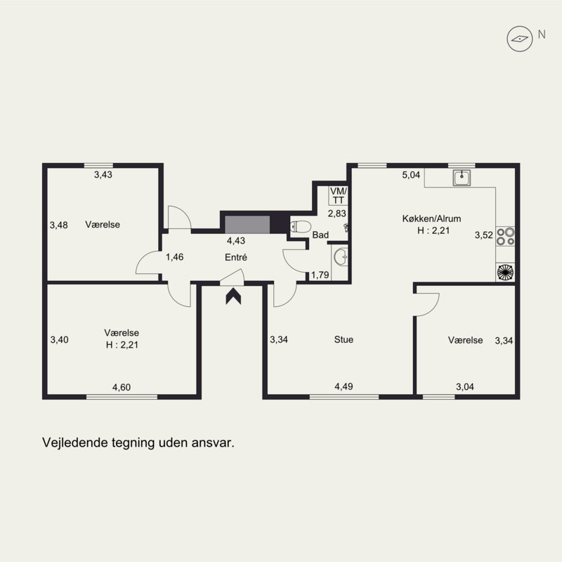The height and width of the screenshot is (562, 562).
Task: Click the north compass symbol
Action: click(519, 39)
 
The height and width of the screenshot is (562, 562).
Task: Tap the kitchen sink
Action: click(462, 178)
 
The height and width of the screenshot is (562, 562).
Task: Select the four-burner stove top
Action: click(505, 236)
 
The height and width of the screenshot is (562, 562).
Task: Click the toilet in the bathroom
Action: click(301, 227)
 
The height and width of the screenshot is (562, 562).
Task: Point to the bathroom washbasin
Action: click(341, 256)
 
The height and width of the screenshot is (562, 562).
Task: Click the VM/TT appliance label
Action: click(339, 196)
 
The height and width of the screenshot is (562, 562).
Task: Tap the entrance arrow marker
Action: click(233, 296)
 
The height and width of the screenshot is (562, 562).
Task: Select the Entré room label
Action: click(236, 257)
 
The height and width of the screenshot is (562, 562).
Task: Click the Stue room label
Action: click(344, 339)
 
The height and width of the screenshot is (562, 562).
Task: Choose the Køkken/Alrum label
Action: click(431, 218)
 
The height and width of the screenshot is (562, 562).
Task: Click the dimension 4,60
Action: click(122, 388)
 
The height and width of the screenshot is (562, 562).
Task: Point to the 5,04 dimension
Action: click(411, 175)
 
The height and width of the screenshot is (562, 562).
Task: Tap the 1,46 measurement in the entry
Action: click(174, 257)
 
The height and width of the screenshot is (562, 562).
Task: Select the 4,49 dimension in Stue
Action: click(344, 387)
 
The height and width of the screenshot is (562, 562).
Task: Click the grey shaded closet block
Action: click(247, 225)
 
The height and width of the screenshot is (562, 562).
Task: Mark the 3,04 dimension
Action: click(465, 387)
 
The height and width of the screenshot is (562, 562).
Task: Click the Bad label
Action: click(320, 235)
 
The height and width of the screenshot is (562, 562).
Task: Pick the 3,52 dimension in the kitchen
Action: click(484, 235)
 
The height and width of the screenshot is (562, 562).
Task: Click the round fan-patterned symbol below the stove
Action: click(505, 272)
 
